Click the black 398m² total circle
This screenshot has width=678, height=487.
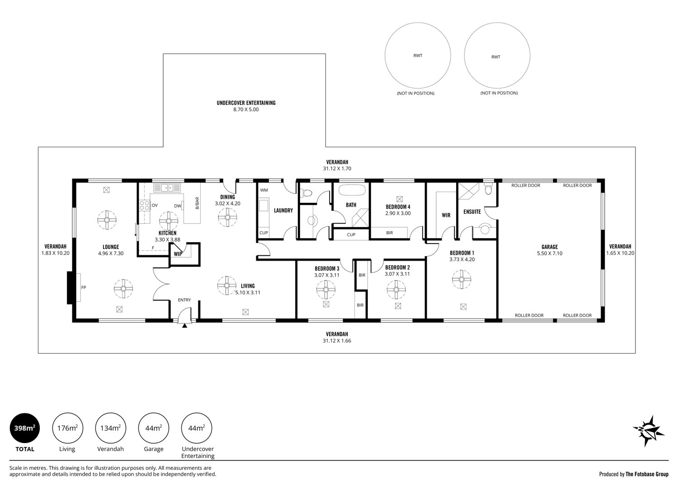(x=25, y=428)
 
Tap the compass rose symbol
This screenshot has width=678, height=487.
(x=648, y=431)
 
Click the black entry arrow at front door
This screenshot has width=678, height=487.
(x=184, y=325)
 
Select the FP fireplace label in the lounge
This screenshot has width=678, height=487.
(x=84, y=287)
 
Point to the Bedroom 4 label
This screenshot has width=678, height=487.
(x=398, y=207)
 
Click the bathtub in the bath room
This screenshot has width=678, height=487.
(x=352, y=190)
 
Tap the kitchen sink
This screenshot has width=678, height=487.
(x=167, y=188)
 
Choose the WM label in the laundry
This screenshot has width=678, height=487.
(x=264, y=190)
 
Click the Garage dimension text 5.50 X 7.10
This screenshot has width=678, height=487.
(x=550, y=253)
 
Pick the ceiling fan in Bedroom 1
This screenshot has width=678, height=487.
(x=461, y=280)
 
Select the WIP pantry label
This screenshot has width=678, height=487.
(x=178, y=254)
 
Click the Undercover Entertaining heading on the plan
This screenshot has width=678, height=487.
(x=246, y=103)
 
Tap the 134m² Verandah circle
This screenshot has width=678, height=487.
(x=111, y=428)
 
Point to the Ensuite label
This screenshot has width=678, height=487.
(x=472, y=212)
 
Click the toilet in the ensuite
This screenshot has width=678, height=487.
(x=488, y=189)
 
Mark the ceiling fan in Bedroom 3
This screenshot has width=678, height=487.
(x=326, y=290)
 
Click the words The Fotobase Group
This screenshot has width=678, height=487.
(x=647, y=474)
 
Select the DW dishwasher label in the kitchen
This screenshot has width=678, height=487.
(x=177, y=206)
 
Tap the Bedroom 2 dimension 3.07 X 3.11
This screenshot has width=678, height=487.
(x=397, y=274)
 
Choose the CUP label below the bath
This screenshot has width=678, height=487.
(x=351, y=235)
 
